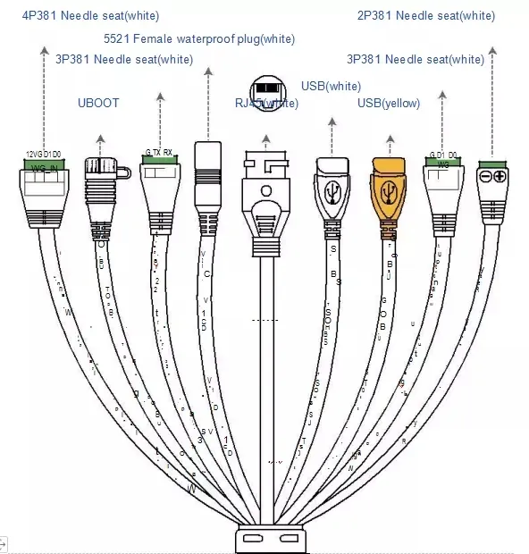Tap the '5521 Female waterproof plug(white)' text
pyautogui.click(x=199, y=38)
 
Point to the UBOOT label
pyautogui.click(x=98, y=104)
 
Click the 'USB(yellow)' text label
pyautogui.click(x=389, y=104)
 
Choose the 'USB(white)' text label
pyautogui.click(x=331, y=86)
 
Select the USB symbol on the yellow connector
pyautogui.click(x=389, y=192)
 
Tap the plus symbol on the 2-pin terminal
pyautogui.click(x=499, y=176)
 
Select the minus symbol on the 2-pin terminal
pyautogui.click(x=485, y=176)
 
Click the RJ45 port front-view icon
pyautogui.click(x=265, y=90)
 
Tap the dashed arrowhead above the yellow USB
pyautogui.click(x=389, y=139)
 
